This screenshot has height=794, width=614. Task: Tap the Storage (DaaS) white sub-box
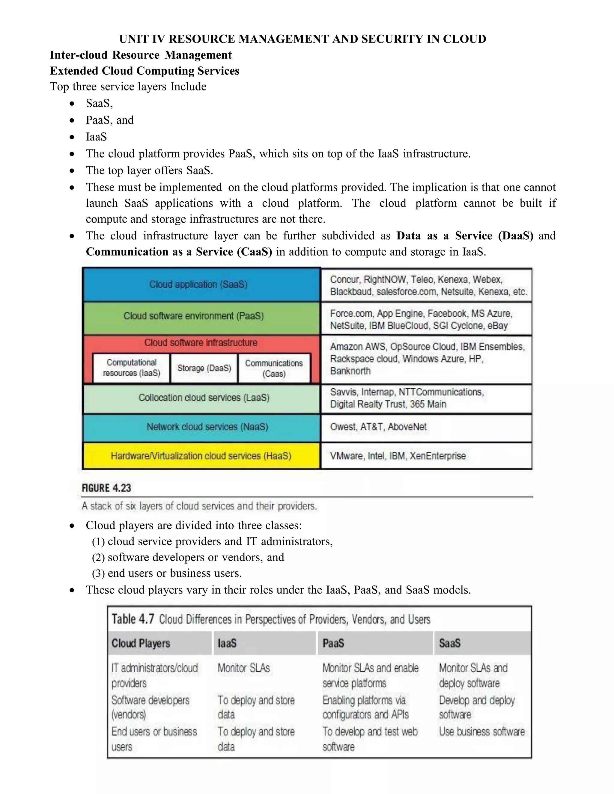click(204, 368)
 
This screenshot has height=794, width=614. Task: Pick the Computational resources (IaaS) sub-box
click(131, 368)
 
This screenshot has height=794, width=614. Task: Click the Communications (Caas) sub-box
click(274, 368)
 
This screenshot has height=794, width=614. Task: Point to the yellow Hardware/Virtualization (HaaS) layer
click(201, 456)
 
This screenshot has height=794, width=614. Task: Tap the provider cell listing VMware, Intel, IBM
click(426, 456)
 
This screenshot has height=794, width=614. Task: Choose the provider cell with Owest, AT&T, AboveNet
click(426, 428)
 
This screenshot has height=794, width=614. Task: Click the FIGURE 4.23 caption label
click(106, 488)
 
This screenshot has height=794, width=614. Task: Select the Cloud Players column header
click(141, 644)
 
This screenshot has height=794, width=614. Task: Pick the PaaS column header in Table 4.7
click(333, 644)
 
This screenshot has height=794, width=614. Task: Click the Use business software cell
click(481, 731)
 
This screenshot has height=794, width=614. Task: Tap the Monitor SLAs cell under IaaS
click(244, 668)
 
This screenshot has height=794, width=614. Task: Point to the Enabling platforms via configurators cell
click(365, 707)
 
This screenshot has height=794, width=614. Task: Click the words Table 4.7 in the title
click(133, 619)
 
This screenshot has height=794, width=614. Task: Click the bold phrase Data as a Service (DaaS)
click(464, 236)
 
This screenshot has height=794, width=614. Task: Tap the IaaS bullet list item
click(97, 137)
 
